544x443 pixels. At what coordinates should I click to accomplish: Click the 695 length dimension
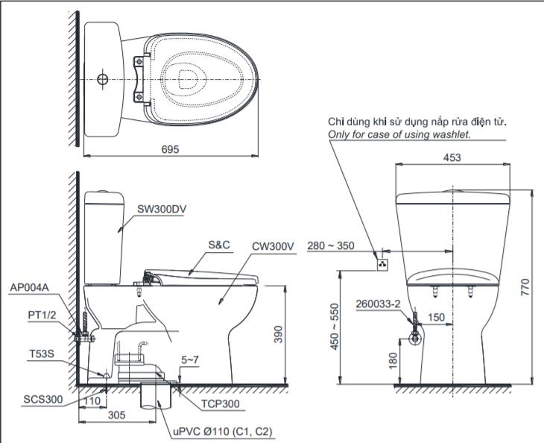coord(170,149)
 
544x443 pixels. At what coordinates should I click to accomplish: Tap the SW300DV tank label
coord(162,209)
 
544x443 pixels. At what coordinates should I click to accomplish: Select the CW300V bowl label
coord(273,247)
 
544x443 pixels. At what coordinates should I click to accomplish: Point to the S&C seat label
coord(219,245)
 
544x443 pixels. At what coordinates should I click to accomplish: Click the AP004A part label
coord(30,287)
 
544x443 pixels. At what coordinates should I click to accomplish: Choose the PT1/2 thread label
coord(42,315)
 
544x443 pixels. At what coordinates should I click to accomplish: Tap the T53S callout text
coord(42,354)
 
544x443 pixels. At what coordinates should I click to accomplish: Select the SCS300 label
coord(43,399)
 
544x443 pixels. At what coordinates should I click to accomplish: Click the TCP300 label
coord(221,403)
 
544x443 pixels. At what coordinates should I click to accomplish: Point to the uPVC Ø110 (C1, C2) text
coord(223,432)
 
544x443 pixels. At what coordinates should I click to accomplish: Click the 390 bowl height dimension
coord(279,334)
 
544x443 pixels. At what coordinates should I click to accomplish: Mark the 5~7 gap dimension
coord(190,360)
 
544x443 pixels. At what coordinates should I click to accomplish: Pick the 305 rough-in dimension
coord(116,415)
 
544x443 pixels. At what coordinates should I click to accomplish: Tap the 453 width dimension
coord(452,157)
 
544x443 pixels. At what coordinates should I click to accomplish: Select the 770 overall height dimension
coord(526,287)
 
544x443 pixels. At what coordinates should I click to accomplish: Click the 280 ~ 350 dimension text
coord(331,246)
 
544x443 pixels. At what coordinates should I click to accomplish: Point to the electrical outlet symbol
coord(382,265)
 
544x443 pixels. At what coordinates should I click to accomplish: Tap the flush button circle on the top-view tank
coord(103,80)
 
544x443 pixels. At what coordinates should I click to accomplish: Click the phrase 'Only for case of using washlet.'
coord(399,134)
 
